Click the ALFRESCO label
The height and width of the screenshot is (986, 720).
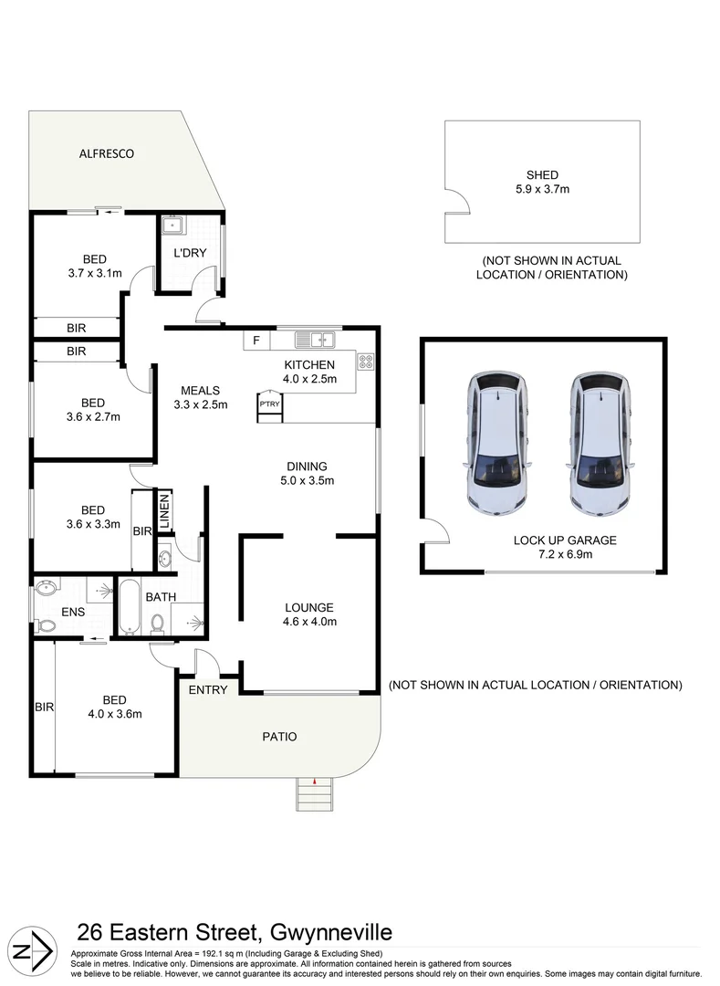point(106,154)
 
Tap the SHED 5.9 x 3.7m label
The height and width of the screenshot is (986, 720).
point(542,183)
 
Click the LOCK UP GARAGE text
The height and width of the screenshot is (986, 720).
point(565,540)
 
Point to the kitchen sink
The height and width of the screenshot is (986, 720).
point(316,341)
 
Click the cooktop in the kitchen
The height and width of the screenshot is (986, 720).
point(367,362)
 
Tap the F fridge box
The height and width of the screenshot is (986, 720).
point(256,341)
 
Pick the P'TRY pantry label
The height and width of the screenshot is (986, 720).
point(268,404)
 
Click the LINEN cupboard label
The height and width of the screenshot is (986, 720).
point(165,511)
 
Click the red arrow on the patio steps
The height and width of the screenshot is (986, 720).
point(314,781)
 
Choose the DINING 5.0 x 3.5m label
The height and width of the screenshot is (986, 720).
point(308,473)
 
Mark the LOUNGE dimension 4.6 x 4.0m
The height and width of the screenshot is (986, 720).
point(309,623)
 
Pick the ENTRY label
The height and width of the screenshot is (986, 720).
point(207,690)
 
